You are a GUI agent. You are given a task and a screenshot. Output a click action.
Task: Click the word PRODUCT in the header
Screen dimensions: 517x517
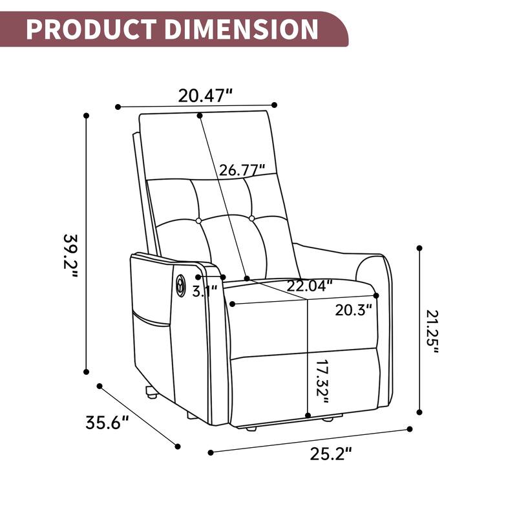pyautogui.click(x=91, y=29)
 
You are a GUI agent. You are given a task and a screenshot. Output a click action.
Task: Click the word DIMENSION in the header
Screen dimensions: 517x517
pyautogui.click(x=238, y=29)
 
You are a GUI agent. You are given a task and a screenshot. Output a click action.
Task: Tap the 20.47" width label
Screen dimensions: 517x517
pyautogui.click(x=206, y=96)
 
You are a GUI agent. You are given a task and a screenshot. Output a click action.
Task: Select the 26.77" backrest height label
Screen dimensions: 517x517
pyautogui.click(x=242, y=171)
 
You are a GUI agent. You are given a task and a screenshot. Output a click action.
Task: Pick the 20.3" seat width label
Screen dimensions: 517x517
pyautogui.click(x=354, y=310)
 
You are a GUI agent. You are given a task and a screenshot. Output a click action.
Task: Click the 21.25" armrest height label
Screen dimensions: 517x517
pyautogui.click(x=432, y=332)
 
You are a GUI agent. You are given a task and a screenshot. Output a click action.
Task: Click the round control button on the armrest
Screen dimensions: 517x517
pyautogui.click(x=180, y=284)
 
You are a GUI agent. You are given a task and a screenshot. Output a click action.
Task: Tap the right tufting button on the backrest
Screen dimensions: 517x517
pyautogui.click(x=253, y=218)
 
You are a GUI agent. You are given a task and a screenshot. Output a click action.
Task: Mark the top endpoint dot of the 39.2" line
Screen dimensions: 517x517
pyautogui.click(x=86, y=116)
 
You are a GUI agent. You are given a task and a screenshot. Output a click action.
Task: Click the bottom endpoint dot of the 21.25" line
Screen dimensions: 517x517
pyautogui.click(x=419, y=412)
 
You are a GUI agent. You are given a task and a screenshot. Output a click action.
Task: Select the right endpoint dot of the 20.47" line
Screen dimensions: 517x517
pyautogui.click(x=275, y=105)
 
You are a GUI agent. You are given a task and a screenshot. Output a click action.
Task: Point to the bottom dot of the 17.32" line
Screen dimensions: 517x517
pyautogui.click(x=309, y=416)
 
